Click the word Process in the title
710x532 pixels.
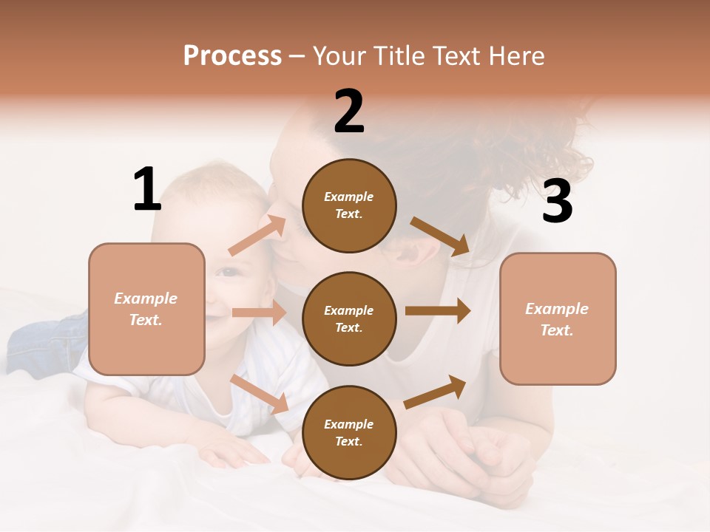(232, 56)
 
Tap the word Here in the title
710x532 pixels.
(515, 56)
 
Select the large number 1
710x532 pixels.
(147, 189)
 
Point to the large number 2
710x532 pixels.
(349, 112)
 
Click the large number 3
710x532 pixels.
(557, 202)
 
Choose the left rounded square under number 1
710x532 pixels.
(146, 309)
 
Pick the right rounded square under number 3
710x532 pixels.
(558, 318)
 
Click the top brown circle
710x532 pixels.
(349, 205)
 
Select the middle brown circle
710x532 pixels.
(349, 318)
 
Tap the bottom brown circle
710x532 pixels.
(349, 432)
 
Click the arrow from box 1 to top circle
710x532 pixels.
(257, 236)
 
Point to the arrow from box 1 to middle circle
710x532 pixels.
(258, 313)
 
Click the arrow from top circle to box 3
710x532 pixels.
(440, 236)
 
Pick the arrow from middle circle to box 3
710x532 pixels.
(438, 311)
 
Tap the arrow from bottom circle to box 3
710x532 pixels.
(436, 392)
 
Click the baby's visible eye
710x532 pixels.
(229, 272)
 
